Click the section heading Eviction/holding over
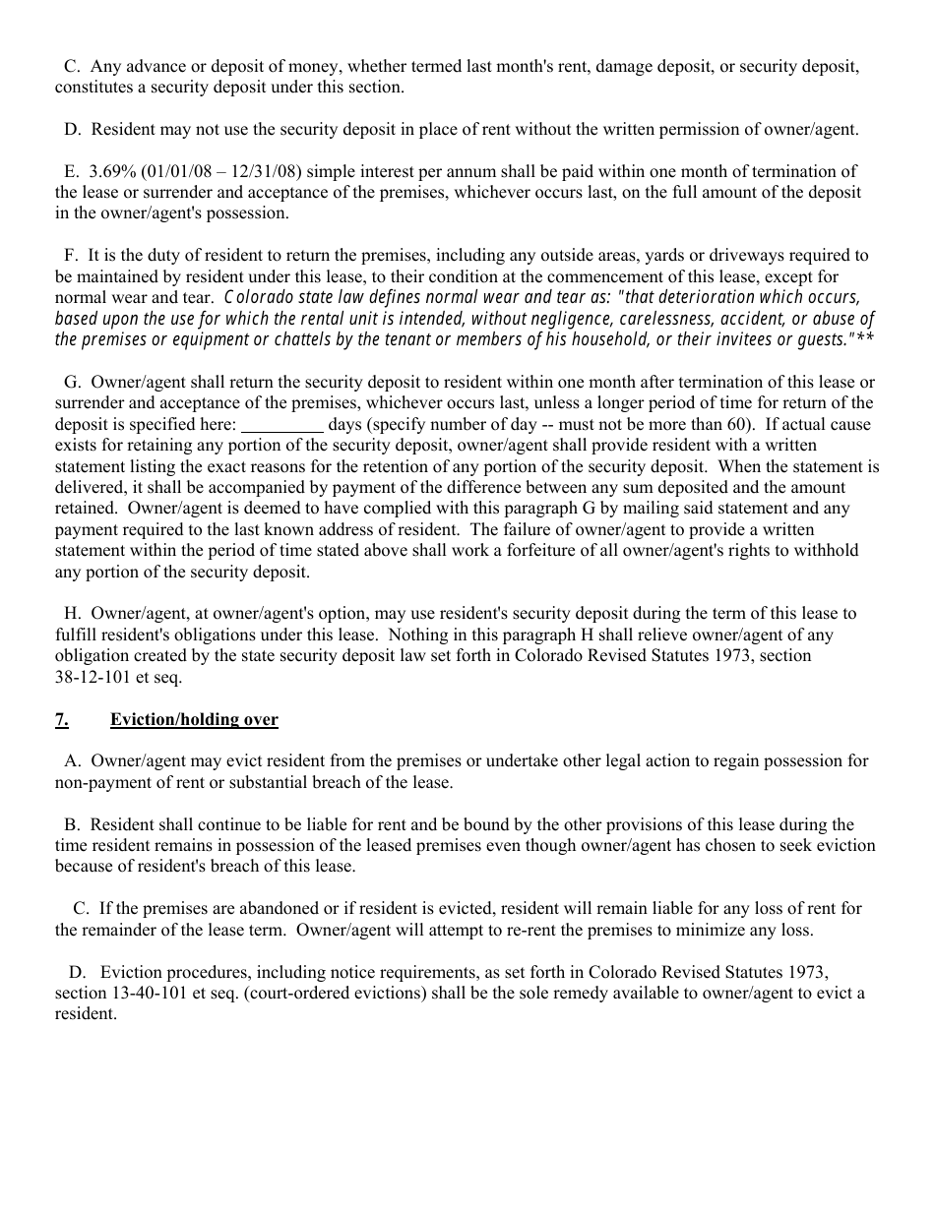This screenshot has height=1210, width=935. coord(194,719)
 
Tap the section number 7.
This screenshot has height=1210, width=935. coord(61,719)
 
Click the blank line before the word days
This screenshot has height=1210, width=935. coord(281,424)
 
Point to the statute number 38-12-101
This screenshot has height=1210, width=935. coord(95,677)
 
